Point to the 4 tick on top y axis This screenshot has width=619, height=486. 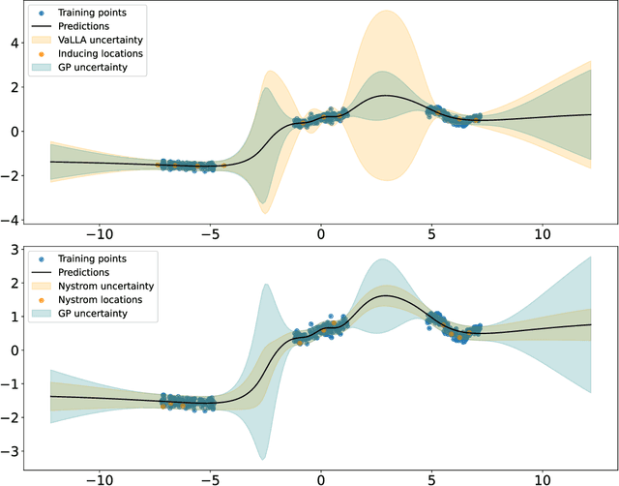pyautogui.click(x=15, y=43)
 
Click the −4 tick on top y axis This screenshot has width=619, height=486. pyautogui.click(x=12, y=219)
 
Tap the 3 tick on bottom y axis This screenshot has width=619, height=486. pyautogui.click(x=15, y=251)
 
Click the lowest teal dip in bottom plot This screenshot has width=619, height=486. pyautogui.click(x=262, y=458)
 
